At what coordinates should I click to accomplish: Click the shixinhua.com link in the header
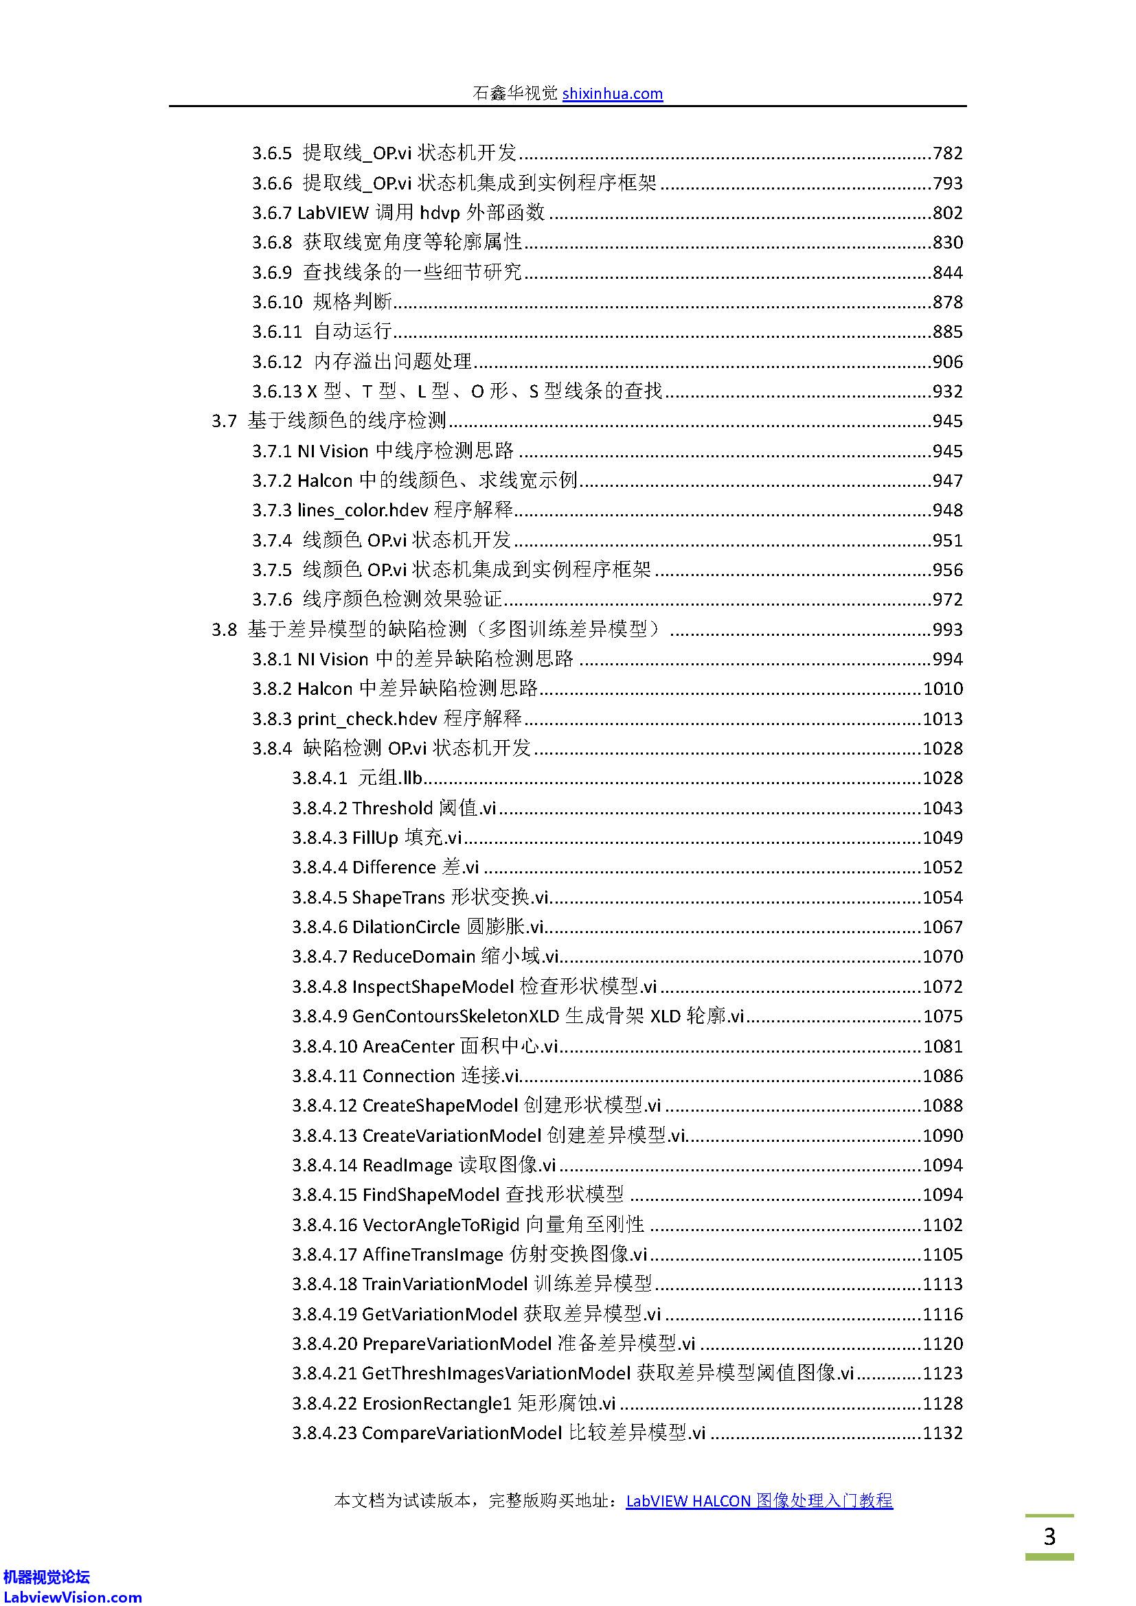(x=612, y=94)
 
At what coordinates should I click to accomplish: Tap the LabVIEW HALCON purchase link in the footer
(x=759, y=1500)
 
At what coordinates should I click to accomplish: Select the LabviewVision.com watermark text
(x=72, y=1597)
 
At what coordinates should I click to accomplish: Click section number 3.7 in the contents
(x=224, y=421)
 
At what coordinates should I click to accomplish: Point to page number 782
(x=947, y=153)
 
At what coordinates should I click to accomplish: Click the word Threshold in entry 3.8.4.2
(x=392, y=808)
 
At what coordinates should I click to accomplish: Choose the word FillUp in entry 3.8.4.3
(x=375, y=838)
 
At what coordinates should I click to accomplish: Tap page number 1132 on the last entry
(x=942, y=1432)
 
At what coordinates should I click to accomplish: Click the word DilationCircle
(x=406, y=928)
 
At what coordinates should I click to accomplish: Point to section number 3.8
(x=224, y=630)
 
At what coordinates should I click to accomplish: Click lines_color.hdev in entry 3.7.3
(x=363, y=511)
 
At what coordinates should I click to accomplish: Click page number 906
(x=947, y=362)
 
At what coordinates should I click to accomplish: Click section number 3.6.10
(x=277, y=302)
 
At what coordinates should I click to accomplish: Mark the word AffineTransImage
(x=432, y=1254)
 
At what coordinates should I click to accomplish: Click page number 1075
(x=942, y=1016)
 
